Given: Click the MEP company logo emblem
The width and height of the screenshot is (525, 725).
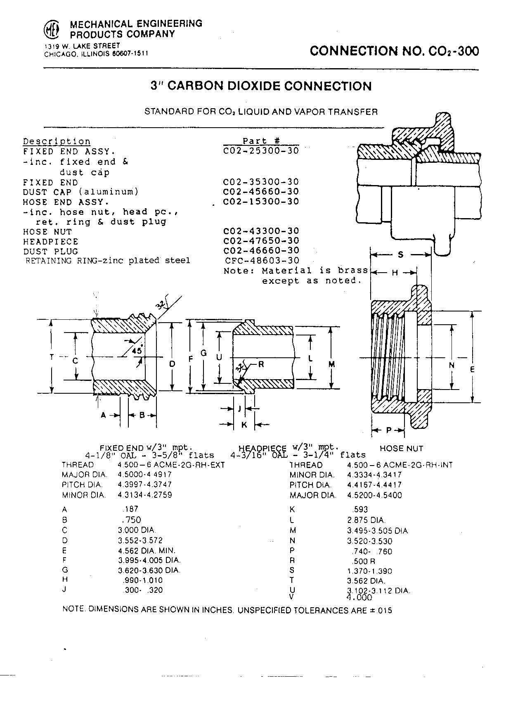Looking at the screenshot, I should (x=52, y=30).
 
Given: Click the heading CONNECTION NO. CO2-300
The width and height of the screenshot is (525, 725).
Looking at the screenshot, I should (x=394, y=51).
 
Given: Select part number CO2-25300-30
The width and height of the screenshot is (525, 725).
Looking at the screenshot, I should (x=261, y=151).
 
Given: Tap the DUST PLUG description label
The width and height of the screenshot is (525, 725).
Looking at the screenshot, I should (x=50, y=252).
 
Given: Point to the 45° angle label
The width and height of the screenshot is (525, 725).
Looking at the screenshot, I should (x=137, y=350).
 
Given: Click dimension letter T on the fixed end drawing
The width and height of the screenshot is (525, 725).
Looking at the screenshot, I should (x=51, y=357).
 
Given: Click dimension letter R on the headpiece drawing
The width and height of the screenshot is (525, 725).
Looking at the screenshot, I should (x=261, y=364).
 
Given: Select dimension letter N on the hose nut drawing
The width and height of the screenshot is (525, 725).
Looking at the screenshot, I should (x=452, y=365).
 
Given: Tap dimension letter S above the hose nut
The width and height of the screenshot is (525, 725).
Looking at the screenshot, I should (x=400, y=255).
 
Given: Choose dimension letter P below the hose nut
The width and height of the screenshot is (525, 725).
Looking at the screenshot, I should (x=388, y=430).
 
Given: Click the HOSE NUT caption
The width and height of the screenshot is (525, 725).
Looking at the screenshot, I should (x=401, y=448).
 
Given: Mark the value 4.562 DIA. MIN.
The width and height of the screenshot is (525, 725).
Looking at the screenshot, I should (x=147, y=551).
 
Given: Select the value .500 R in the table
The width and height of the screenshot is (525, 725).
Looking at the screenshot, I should (x=362, y=561).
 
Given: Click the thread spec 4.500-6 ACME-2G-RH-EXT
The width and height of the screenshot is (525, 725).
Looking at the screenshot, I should (x=171, y=465).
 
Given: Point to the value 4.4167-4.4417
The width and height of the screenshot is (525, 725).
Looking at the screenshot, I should (x=374, y=485).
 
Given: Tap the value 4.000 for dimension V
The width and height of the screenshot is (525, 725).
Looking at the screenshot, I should (x=359, y=597).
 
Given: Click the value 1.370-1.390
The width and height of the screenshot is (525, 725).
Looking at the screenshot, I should (x=369, y=571).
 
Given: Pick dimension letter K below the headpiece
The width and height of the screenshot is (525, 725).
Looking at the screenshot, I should (x=244, y=424).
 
